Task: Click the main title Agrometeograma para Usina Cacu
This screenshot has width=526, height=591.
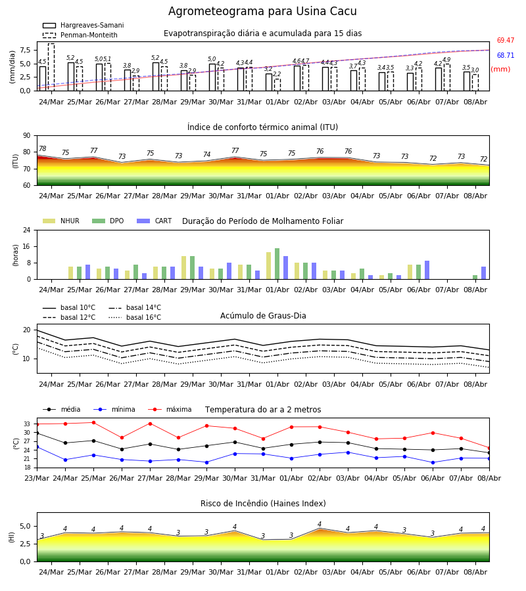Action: tap(262, 11)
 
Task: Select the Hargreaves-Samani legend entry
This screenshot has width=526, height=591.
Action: tap(83, 25)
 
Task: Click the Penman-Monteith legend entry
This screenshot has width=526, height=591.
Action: tap(80, 35)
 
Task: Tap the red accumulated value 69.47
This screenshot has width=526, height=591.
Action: tap(506, 40)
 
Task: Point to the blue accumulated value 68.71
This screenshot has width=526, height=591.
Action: tap(506, 55)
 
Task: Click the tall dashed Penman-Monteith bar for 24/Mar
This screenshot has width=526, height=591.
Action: tap(51, 67)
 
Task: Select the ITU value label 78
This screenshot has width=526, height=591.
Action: tap(43, 148)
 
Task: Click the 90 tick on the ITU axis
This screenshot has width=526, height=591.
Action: tap(27, 136)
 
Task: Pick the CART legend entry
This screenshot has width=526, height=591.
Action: tap(155, 221)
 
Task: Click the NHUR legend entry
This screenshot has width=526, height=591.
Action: tap(61, 221)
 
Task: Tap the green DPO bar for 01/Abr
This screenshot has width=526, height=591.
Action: tap(277, 264)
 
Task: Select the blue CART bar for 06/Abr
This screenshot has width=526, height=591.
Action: tap(427, 270)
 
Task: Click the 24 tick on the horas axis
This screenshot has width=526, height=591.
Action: tap(27, 230)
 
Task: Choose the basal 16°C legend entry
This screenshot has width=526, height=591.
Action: tap(135, 317)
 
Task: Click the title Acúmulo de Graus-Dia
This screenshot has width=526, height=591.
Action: tap(263, 316)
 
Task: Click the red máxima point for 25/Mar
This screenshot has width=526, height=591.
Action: tap(93, 422)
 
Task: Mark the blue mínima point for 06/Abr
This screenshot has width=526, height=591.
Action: tap(433, 462)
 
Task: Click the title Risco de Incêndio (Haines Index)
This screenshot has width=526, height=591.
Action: tap(263, 504)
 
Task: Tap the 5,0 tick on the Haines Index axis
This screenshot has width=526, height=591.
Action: tap(25, 526)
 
